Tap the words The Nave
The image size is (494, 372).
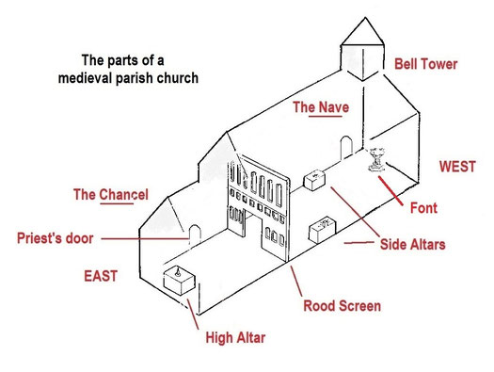coord(321,107)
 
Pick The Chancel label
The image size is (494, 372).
coord(111,195)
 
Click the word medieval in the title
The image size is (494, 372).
coord(89,78)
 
